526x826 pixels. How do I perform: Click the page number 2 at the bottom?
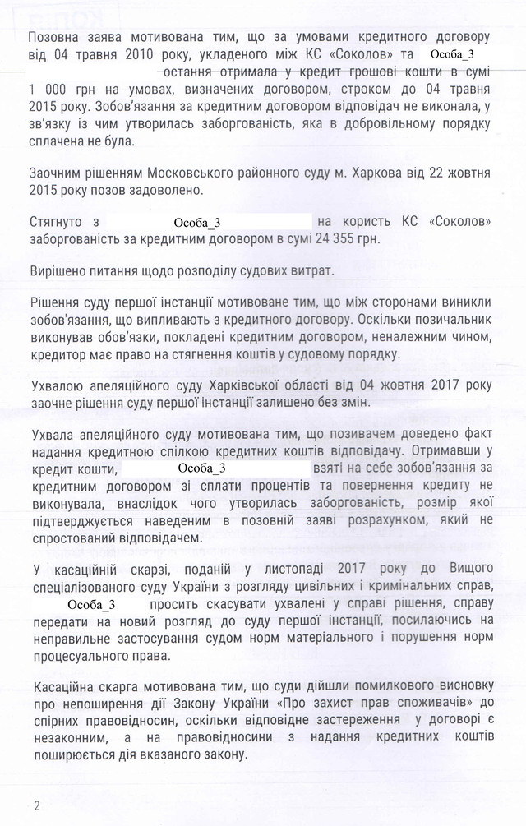tap(36, 802)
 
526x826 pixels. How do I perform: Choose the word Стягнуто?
tap(57, 221)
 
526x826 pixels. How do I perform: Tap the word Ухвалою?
tap(58, 385)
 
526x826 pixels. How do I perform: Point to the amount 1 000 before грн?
tap(48, 90)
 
